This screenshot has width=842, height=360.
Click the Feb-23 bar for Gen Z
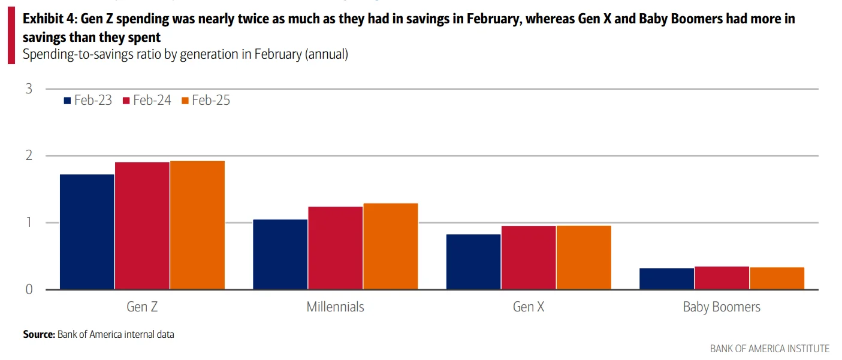[x=87, y=232]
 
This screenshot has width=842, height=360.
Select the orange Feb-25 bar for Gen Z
[x=197, y=225]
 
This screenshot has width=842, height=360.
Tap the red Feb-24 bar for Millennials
[x=335, y=248]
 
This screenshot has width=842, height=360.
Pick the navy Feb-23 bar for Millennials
[x=280, y=255]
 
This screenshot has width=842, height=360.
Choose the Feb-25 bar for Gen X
[x=583, y=258]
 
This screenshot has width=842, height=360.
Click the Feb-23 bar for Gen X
[x=473, y=262]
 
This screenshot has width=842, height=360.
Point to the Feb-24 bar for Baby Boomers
[x=722, y=278]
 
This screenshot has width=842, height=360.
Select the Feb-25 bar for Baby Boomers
[x=777, y=279]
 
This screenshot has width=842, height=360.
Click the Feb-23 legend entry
[x=87, y=101]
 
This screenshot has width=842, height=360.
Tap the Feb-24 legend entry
[x=146, y=101]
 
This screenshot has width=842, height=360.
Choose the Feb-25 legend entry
[x=205, y=101]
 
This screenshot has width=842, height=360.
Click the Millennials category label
[x=335, y=307]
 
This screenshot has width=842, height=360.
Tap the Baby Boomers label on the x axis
[x=721, y=307]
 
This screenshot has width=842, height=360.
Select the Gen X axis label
[x=529, y=307]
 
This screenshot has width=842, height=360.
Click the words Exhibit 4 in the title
[x=48, y=19]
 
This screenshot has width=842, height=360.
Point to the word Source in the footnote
[x=38, y=334]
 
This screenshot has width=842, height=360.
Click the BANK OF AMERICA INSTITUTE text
[x=769, y=349]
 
